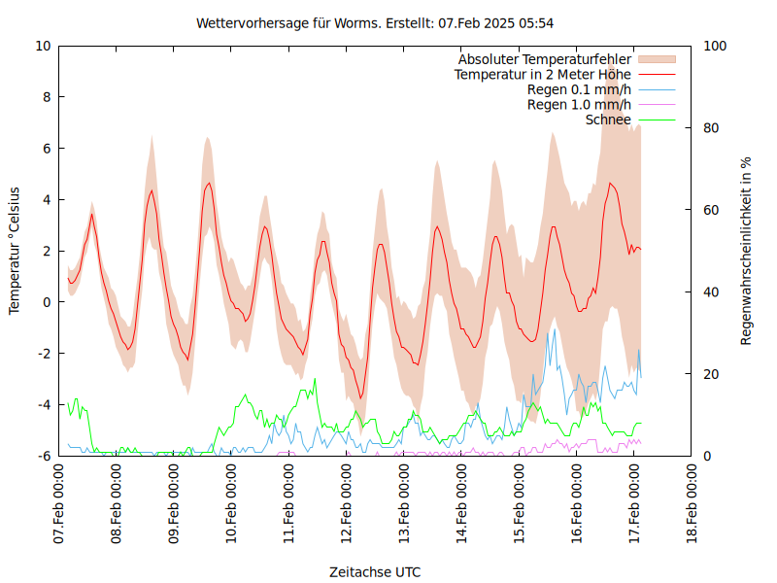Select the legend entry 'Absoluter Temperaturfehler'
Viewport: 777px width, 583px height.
click(545, 59)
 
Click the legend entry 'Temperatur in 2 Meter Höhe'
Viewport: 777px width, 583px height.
click(543, 74)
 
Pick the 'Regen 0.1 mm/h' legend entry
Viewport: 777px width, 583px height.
click(579, 89)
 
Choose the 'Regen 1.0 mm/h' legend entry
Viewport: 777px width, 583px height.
click(579, 105)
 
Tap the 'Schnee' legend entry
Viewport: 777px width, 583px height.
click(609, 120)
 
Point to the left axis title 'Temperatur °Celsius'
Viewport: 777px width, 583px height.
click(15, 250)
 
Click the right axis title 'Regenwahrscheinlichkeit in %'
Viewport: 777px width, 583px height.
click(746, 251)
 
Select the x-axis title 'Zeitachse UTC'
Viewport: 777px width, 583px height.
click(375, 571)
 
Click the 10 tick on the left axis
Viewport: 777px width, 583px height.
click(43, 46)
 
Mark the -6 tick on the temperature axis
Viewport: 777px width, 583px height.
click(43, 456)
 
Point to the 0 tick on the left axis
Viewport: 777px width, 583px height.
click(47, 302)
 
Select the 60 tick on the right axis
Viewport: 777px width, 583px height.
click(710, 210)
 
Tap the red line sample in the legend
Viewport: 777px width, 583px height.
click(656, 74)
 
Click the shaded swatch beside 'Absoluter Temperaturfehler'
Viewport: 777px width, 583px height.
click(656, 59)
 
